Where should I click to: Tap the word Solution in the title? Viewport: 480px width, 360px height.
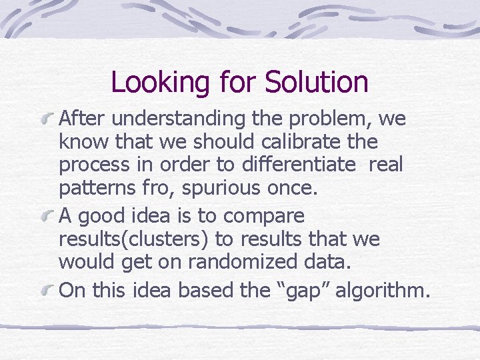click(x=316, y=83)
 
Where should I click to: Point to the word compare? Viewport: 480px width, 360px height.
click(x=264, y=217)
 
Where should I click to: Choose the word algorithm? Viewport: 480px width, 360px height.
click(x=381, y=290)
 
